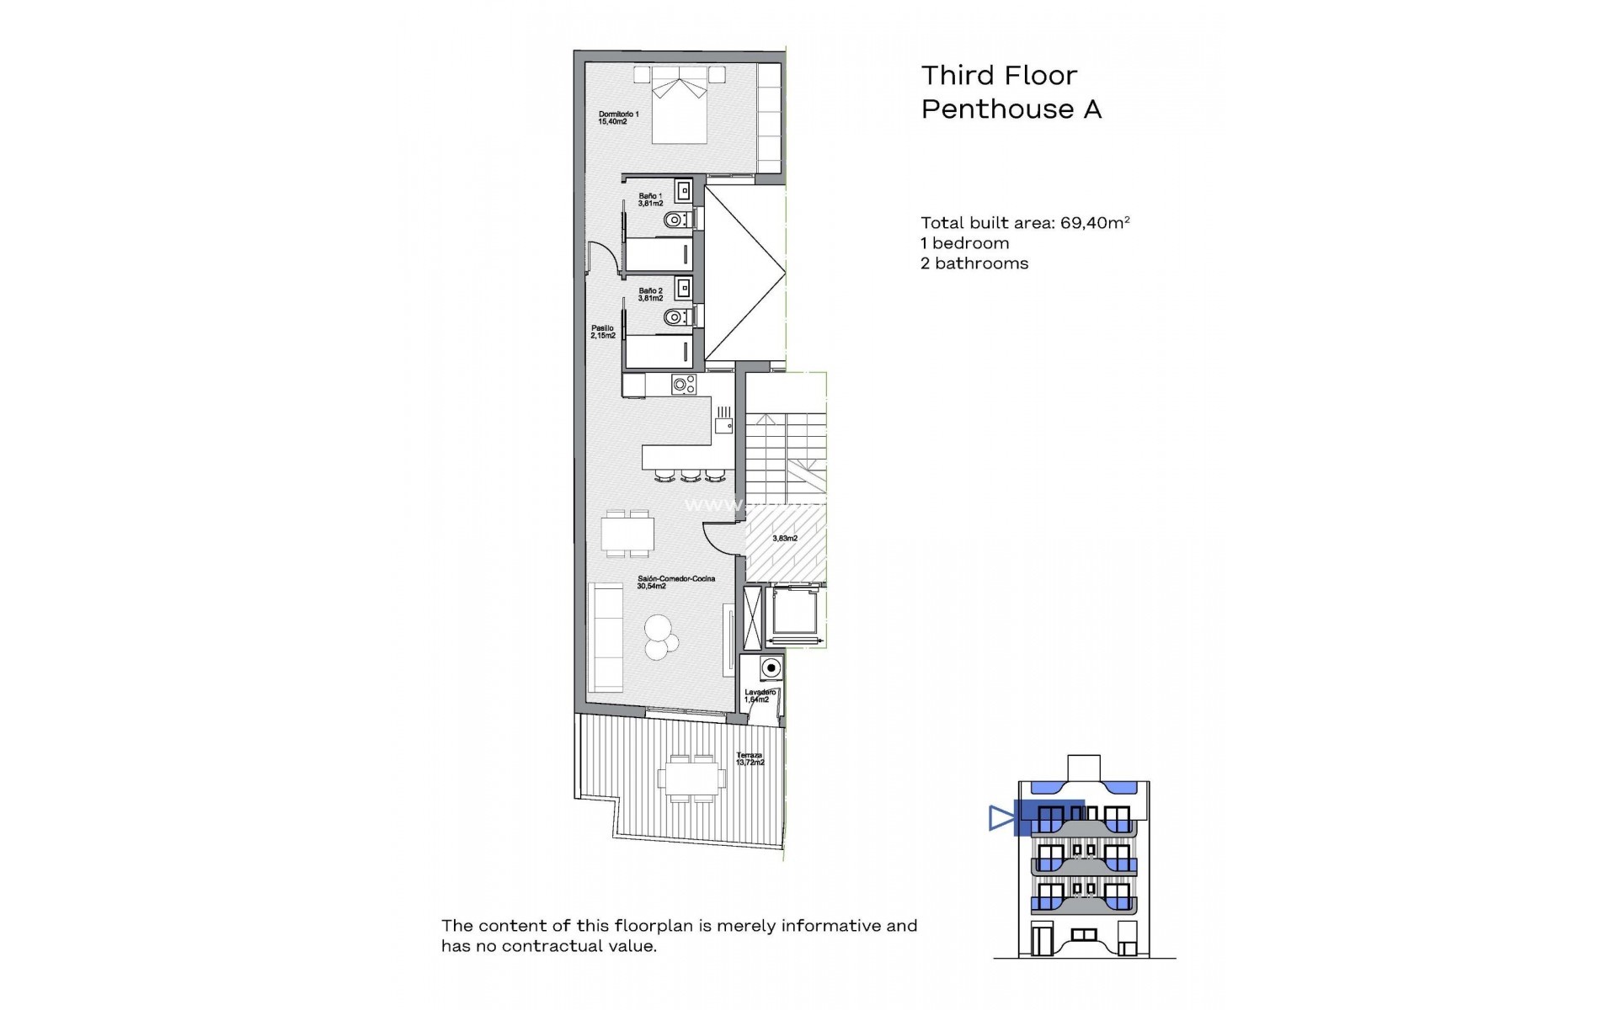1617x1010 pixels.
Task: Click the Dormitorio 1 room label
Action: click(x=618, y=118)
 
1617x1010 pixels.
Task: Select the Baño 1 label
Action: click(x=650, y=199)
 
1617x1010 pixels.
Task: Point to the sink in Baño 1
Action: click(x=683, y=190)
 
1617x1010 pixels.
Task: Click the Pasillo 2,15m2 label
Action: click(x=602, y=332)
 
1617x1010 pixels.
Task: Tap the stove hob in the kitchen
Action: click(x=683, y=385)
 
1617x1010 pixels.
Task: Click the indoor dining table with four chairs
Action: click(x=627, y=533)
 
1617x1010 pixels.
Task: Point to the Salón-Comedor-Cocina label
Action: click(x=664, y=582)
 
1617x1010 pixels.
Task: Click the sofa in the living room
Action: click(x=605, y=637)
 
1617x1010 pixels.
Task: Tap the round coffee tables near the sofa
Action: click(x=659, y=637)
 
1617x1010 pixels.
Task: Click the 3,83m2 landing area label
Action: click(x=785, y=538)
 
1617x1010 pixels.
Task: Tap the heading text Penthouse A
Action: click(x=1011, y=109)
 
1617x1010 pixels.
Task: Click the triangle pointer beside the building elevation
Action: click(x=1001, y=818)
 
